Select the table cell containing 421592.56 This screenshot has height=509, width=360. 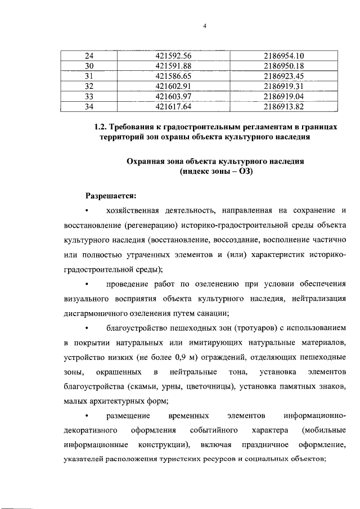[174, 55]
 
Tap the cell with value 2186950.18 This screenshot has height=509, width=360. [283, 65]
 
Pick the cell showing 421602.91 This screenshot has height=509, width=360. [174, 85]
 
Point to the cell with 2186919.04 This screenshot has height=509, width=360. [283, 96]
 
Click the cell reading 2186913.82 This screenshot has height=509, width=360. [283, 106]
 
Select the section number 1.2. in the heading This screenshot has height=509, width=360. [101, 127]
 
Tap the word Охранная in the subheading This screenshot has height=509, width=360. [147, 161]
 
